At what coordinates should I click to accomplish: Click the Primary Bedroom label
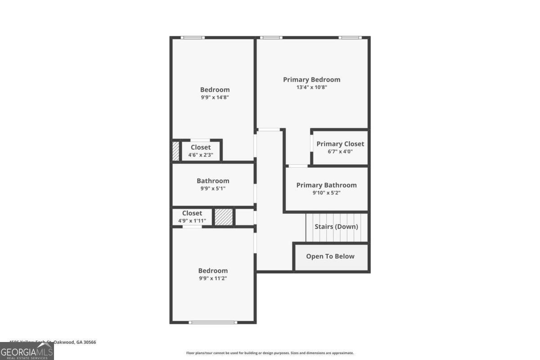[x=311, y=80]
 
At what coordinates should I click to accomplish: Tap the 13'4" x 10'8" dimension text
[x=311, y=87]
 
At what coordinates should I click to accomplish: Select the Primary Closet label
[x=340, y=144]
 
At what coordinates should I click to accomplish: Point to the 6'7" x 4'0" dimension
[x=340, y=152]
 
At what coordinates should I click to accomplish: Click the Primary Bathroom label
[x=326, y=185]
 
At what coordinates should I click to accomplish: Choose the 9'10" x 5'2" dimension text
[x=326, y=193]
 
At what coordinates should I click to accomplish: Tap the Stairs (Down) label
[x=336, y=227]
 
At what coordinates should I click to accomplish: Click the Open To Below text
[x=330, y=256]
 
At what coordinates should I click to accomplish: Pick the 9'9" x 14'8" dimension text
[x=215, y=97]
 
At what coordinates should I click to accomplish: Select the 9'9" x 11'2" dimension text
[x=213, y=278]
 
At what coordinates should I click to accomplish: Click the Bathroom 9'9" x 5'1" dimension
[x=213, y=189]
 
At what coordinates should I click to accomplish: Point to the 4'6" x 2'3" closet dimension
[x=200, y=155]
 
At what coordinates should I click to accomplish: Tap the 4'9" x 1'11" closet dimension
[x=192, y=221]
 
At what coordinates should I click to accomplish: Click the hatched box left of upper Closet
[x=175, y=151]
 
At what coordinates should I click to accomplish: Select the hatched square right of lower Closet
[x=223, y=217]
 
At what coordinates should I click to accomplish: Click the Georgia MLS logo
[x=27, y=351]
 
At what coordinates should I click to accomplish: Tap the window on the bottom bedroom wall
[x=212, y=322]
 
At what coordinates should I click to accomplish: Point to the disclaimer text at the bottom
[x=270, y=353]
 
